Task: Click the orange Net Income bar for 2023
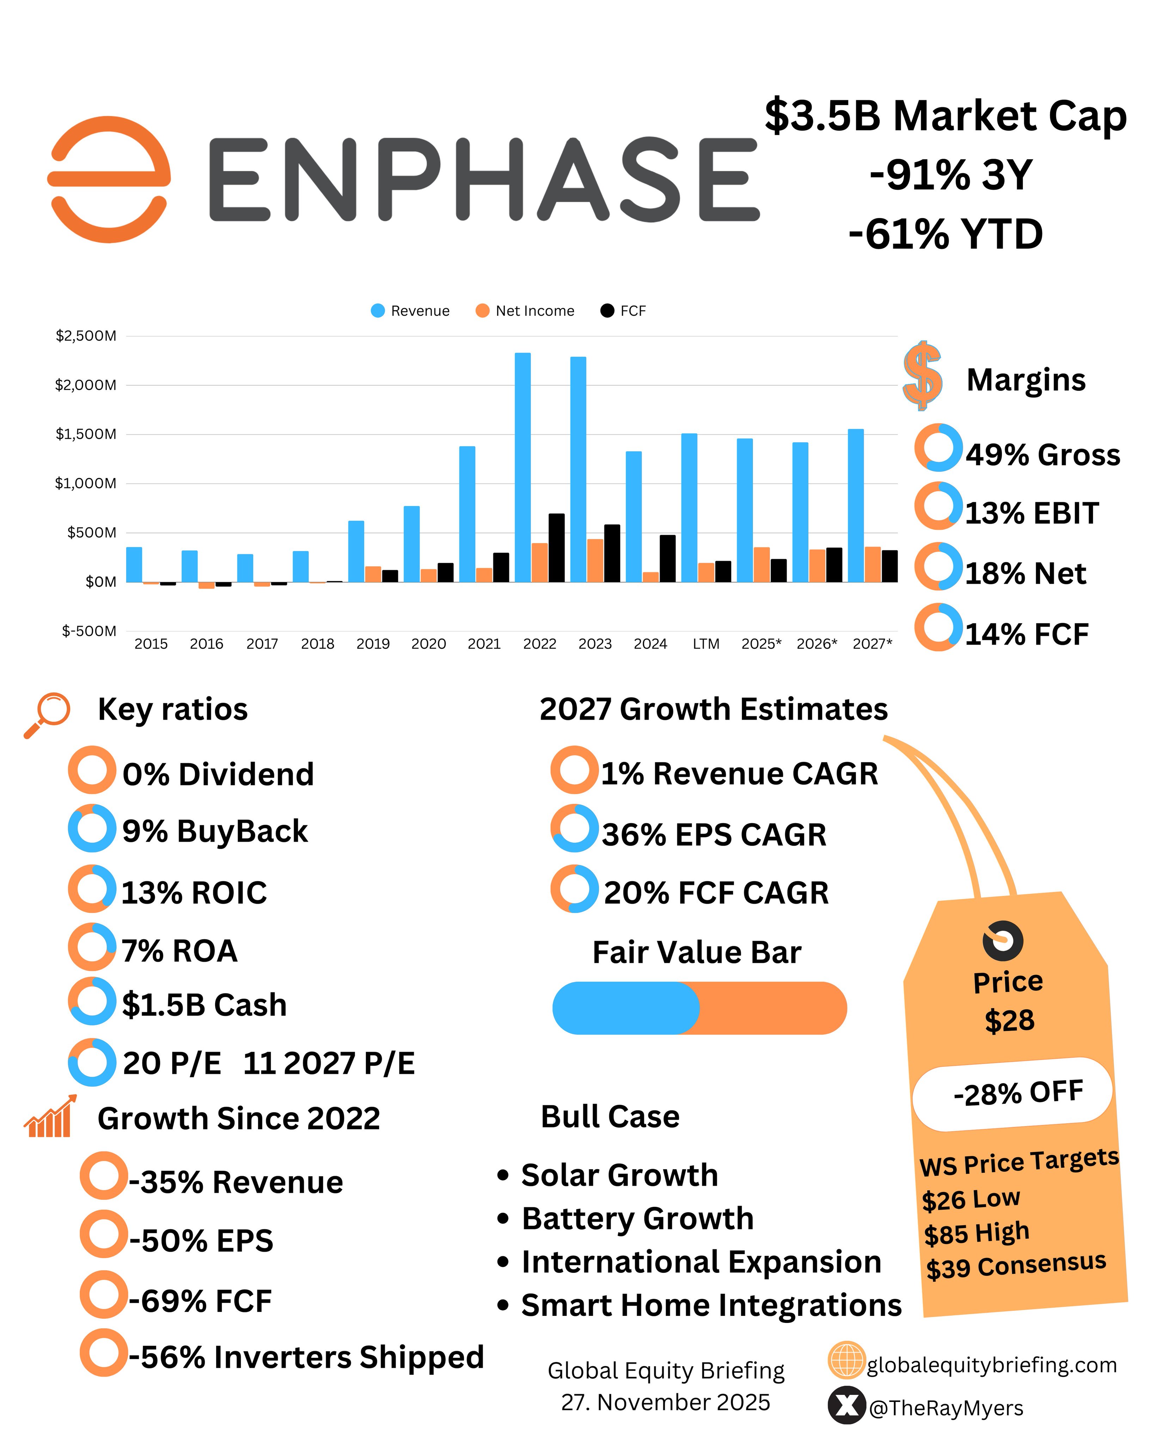pyautogui.click(x=595, y=560)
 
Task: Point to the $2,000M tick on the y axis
pyautogui.click(x=86, y=385)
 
